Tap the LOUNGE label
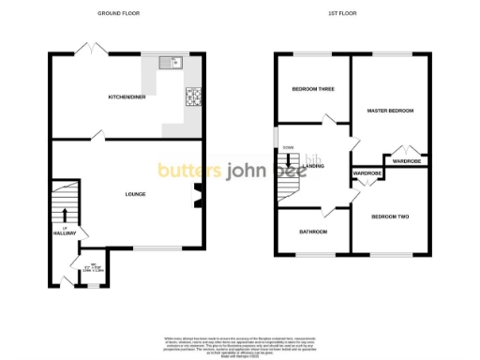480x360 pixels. pyautogui.click(x=136, y=194)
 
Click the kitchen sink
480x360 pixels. pyautogui.click(x=172, y=63)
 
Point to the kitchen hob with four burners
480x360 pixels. pyautogui.click(x=195, y=96)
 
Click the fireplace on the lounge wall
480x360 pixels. pyautogui.click(x=199, y=196)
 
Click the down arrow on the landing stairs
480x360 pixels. pyautogui.click(x=288, y=158)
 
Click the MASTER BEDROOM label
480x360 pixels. pyautogui.click(x=391, y=111)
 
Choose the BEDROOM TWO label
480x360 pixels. pyautogui.click(x=391, y=217)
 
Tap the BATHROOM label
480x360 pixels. pyautogui.click(x=313, y=231)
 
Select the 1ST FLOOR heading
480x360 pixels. pyautogui.click(x=339, y=14)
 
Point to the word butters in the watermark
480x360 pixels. pyautogui.click(x=187, y=171)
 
